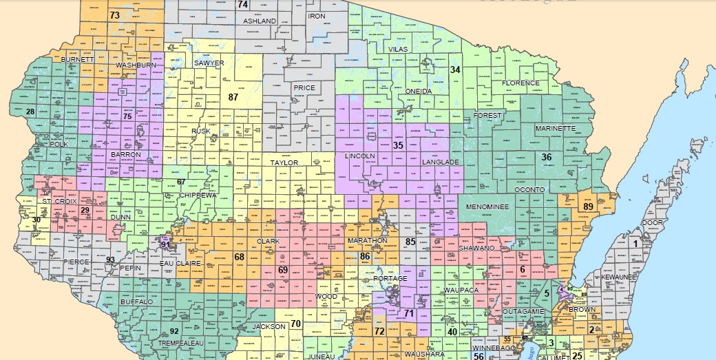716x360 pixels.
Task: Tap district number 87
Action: point(233,97)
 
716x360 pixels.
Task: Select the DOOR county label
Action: point(652,223)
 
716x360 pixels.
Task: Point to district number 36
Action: point(547,157)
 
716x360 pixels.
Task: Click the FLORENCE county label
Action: point(520,83)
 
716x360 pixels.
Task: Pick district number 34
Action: point(455,70)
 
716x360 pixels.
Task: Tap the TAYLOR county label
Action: point(284,163)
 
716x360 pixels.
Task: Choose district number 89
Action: point(588,207)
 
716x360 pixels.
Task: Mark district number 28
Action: point(30,112)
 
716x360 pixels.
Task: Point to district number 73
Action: point(115,15)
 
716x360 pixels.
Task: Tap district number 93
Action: point(110,259)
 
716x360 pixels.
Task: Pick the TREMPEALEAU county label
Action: point(180,342)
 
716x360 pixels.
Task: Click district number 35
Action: point(397,145)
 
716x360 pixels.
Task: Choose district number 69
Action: point(282,270)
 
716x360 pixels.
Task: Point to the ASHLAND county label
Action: point(260,21)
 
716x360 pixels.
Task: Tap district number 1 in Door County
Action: point(636,243)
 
